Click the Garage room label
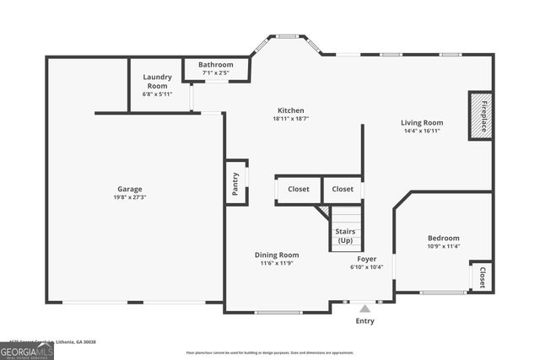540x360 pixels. tap(129, 189)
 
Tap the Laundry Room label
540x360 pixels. tap(157, 81)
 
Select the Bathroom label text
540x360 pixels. tap(215, 65)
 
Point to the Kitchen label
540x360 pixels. tap(291, 110)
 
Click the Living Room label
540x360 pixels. tap(421, 122)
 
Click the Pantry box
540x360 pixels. tap(236, 181)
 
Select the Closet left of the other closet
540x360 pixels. tap(298, 189)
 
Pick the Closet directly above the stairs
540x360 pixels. tap(342, 189)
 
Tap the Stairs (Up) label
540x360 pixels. tap(345, 236)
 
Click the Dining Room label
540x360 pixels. tap(277, 255)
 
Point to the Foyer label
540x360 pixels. tap(366, 259)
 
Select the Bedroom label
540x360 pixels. tap(443, 239)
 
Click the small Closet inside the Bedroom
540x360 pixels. tap(482, 277)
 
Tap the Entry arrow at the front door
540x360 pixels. tap(364, 309)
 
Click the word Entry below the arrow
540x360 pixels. tap(364, 321)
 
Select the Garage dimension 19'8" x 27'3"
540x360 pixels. tap(129, 197)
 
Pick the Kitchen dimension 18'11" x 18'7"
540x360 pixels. tap(291, 119)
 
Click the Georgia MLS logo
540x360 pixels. tap(27, 349)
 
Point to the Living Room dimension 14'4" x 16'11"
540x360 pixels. tap(421, 131)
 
